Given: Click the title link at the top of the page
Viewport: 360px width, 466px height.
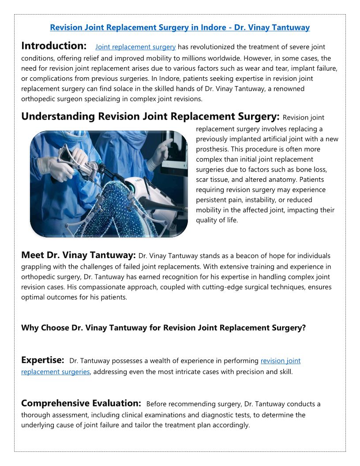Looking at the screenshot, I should (180, 27).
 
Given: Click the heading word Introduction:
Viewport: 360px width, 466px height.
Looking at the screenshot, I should (54, 46).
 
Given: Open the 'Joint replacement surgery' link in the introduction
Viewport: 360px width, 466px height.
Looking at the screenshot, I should (135, 47).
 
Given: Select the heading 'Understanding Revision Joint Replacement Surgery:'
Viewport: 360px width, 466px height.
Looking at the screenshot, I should (150, 116).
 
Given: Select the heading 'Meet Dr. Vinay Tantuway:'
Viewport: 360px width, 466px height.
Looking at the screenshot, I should (78, 255).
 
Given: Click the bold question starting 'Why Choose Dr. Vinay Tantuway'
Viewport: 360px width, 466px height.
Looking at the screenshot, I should (163, 328).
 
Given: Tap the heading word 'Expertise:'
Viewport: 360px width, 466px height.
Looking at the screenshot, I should (43, 360).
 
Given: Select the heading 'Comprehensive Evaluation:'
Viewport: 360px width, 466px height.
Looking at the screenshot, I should (81, 403).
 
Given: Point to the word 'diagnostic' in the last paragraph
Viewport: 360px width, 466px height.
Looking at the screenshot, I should (227, 415).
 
